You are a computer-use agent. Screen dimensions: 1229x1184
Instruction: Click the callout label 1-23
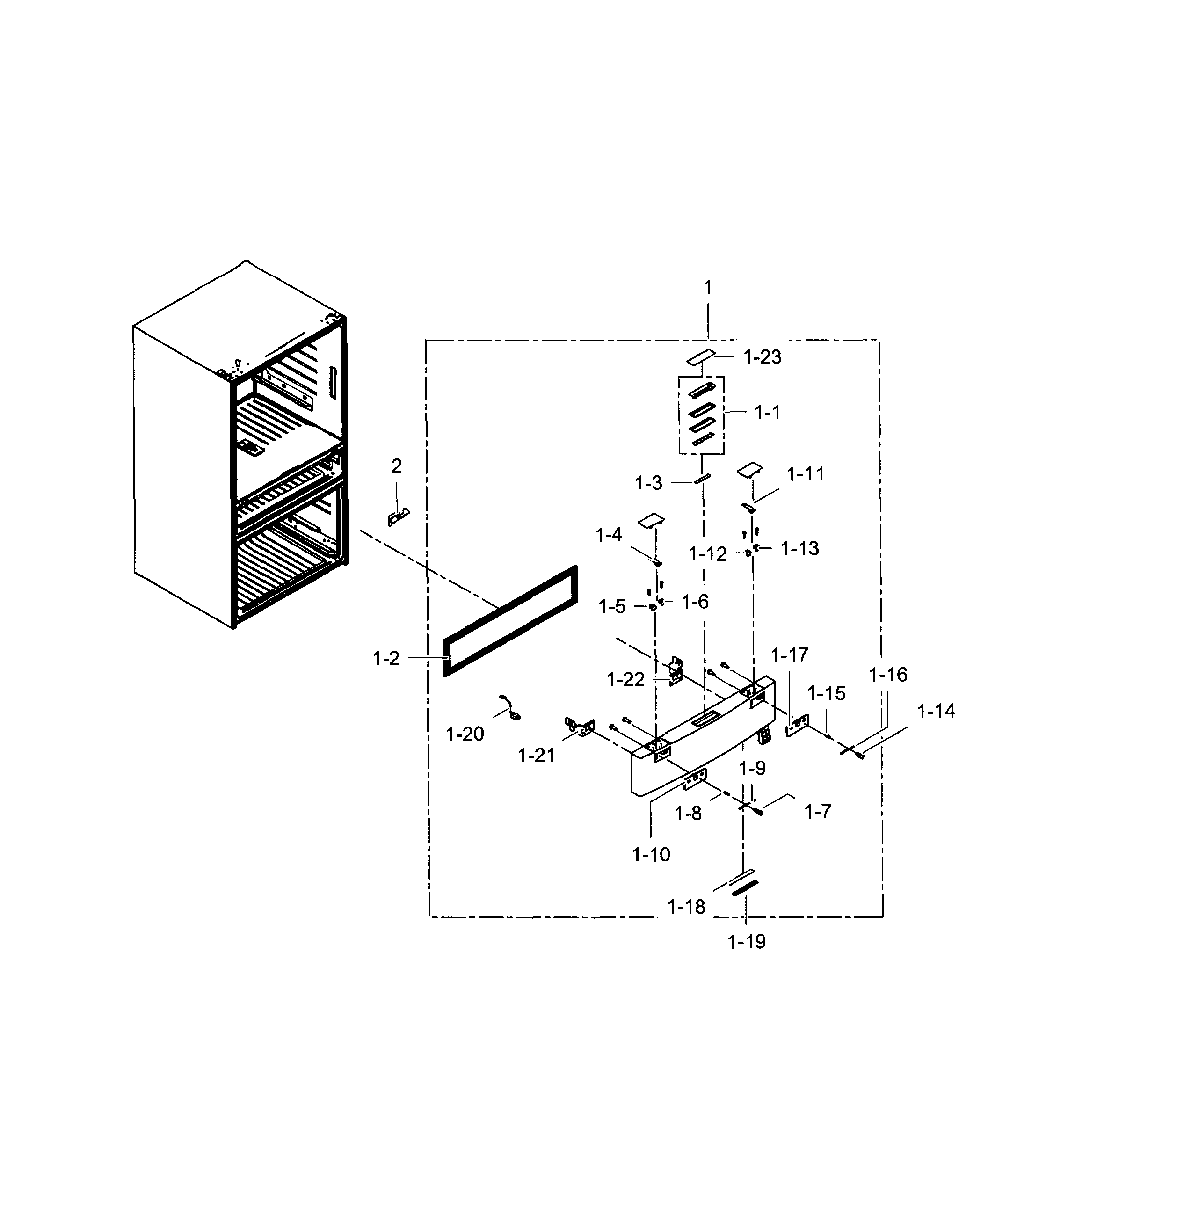pyautogui.click(x=762, y=357)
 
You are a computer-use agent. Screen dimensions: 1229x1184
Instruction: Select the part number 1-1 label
pyautogui.click(x=767, y=413)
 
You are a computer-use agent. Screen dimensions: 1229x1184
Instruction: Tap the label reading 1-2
pyautogui.click(x=385, y=658)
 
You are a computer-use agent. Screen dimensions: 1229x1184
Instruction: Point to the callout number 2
pyautogui.click(x=396, y=466)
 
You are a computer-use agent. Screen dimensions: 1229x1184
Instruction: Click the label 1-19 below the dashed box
pyautogui.click(x=746, y=941)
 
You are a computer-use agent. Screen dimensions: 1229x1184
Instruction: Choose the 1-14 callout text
pyautogui.click(x=936, y=711)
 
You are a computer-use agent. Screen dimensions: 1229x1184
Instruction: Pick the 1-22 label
pyautogui.click(x=625, y=680)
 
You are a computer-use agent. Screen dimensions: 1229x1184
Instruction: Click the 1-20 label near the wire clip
pyautogui.click(x=465, y=734)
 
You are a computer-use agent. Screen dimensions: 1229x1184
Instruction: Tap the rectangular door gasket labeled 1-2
pyautogui.click(x=509, y=621)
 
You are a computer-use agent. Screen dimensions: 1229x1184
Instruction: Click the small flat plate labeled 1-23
pyautogui.click(x=700, y=357)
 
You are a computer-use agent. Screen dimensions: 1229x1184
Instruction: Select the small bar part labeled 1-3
pyautogui.click(x=701, y=479)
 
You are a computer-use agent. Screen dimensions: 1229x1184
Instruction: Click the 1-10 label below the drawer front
pyautogui.click(x=651, y=854)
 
